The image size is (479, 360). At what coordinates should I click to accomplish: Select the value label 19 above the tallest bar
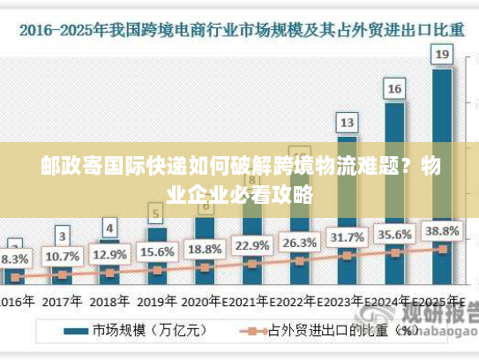coord(442,55)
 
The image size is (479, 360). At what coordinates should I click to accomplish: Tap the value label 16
coord(394,88)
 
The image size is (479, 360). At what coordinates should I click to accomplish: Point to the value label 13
coord(348,122)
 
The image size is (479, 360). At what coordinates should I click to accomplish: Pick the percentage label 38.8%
coord(442,231)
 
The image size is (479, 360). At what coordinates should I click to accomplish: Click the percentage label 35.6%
coord(394,234)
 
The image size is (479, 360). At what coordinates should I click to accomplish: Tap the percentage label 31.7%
coord(347,237)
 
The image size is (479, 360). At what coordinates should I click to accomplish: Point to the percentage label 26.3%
coord(299,242)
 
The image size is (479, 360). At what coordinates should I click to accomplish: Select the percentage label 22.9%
coord(251,244)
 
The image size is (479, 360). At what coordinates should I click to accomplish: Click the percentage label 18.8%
coord(204,248)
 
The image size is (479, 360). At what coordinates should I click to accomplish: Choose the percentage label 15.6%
coord(156,251)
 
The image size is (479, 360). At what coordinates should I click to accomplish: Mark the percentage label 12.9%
coord(109,254)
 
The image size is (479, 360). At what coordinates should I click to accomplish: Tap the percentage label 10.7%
coord(62,257)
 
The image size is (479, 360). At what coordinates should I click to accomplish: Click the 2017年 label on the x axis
coord(62,301)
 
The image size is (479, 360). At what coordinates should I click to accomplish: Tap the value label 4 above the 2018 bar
coord(109,227)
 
